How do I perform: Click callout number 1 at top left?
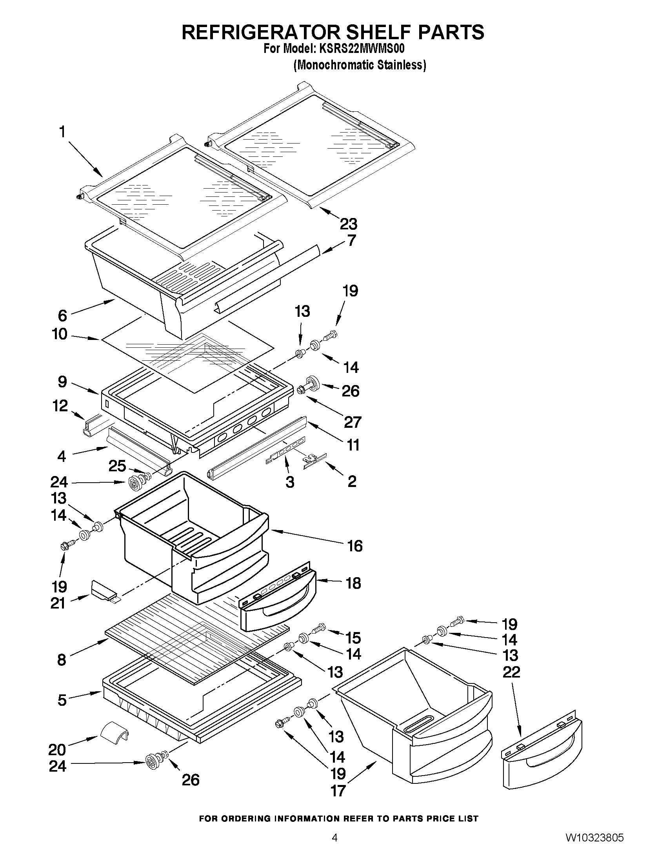[62, 132]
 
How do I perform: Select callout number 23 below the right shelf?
[349, 224]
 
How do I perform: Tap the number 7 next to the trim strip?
[351, 240]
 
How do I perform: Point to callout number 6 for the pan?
[62, 315]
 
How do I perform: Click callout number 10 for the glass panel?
[60, 334]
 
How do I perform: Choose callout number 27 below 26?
[352, 422]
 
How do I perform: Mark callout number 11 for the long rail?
[353, 445]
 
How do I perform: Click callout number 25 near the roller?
[117, 466]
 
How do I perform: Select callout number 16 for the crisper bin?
[354, 546]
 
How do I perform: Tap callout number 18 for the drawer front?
[353, 583]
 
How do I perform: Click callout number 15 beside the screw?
[353, 638]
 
